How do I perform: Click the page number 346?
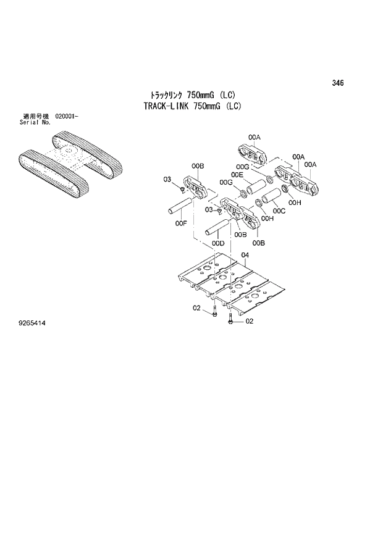pyautogui.click(x=337, y=83)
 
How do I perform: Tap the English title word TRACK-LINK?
pyautogui.click(x=166, y=106)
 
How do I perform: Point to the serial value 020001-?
pyautogui.click(x=66, y=116)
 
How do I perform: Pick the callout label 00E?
pyautogui.click(x=237, y=175)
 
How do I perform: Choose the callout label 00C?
pyautogui.click(x=279, y=211)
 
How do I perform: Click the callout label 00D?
pyautogui.click(x=217, y=244)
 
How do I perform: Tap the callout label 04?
pyautogui.click(x=245, y=256)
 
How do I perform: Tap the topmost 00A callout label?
pyautogui.click(x=255, y=136)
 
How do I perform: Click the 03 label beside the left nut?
pyautogui.click(x=167, y=179)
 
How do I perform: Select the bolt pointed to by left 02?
pyautogui.click(x=214, y=314)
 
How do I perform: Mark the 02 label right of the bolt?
pyautogui.click(x=250, y=321)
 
